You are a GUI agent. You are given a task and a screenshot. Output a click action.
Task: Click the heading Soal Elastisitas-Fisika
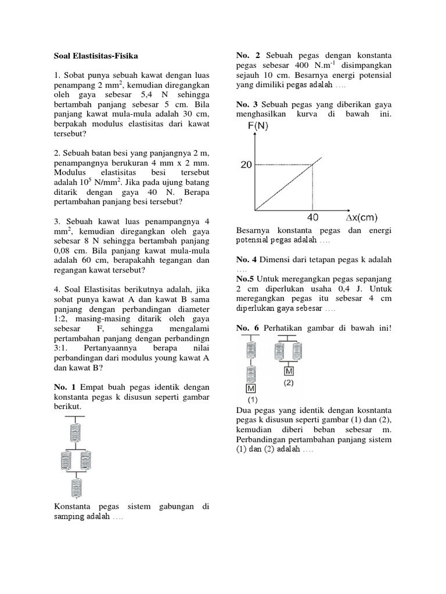(93, 56)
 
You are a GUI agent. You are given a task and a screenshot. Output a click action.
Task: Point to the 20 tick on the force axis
(246, 165)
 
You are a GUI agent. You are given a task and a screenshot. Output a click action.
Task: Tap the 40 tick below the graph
(313, 218)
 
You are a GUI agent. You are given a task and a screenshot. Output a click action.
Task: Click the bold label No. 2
(248, 55)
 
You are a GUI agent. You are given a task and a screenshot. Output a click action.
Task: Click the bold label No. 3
(248, 104)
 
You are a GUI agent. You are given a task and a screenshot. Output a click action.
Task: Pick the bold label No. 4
(248, 259)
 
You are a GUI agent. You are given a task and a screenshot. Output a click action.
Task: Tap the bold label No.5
(247, 279)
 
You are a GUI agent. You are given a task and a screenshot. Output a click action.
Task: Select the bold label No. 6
(248, 328)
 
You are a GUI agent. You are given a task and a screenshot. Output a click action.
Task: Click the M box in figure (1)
(251, 388)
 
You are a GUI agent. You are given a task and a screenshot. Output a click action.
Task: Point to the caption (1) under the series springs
(252, 400)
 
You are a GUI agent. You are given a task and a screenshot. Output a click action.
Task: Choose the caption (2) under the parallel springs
(289, 383)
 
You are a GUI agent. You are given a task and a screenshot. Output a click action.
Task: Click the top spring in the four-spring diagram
(75, 432)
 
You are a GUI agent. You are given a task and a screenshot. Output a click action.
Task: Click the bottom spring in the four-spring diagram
(75, 486)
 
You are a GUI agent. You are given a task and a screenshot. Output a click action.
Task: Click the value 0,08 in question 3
(64, 250)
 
